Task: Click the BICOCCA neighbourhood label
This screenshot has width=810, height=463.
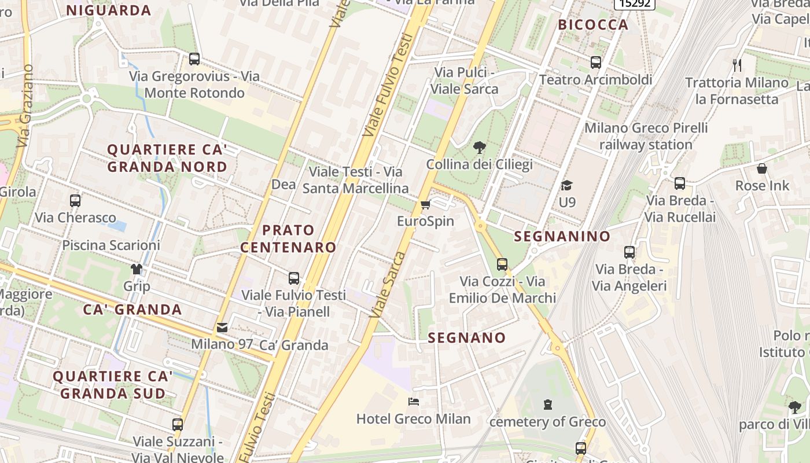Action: click(x=592, y=24)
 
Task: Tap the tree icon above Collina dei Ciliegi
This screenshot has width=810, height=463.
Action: click(x=479, y=148)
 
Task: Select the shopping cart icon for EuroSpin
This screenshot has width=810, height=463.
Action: click(x=426, y=204)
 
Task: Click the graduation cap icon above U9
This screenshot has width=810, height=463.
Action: click(x=566, y=185)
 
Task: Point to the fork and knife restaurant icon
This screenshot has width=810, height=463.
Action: click(x=737, y=65)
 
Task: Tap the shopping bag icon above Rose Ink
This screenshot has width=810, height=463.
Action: click(x=762, y=168)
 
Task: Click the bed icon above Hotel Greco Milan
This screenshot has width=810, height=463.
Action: click(x=413, y=401)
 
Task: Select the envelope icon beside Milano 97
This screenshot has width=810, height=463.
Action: click(x=222, y=328)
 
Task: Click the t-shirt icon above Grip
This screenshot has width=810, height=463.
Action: click(x=137, y=269)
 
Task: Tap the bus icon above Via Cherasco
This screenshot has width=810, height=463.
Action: click(x=75, y=201)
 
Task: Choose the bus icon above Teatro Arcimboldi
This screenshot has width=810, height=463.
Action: click(x=595, y=63)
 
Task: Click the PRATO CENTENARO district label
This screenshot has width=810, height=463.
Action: click(x=288, y=238)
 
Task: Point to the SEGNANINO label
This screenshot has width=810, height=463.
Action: click(x=562, y=236)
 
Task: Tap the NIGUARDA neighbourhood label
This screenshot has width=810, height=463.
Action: click(x=109, y=10)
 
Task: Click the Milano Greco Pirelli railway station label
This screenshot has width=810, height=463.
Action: click(x=646, y=136)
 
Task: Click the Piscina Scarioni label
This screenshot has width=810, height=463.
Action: click(x=111, y=245)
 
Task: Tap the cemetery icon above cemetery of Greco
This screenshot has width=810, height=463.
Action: click(x=548, y=405)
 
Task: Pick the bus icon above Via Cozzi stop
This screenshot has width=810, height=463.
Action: click(x=502, y=264)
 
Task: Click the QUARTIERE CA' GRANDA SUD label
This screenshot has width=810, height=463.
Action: click(x=113, y=385)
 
